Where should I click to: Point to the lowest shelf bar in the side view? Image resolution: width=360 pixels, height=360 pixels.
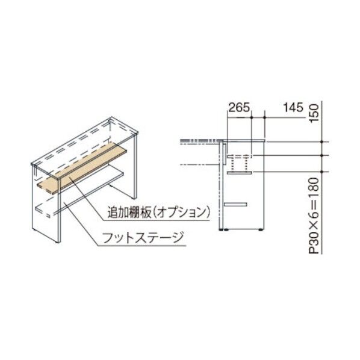235,205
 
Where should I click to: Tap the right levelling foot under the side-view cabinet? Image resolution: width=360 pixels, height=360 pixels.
260,231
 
